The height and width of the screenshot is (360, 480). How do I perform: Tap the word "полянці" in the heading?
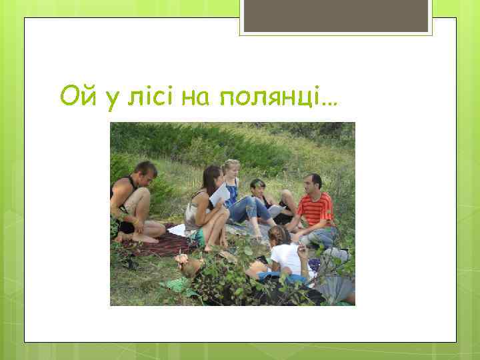tap(267, 98)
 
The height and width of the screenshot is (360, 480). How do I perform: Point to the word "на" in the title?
tap(195, 98)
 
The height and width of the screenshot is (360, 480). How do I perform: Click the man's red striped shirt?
tap(315, 208)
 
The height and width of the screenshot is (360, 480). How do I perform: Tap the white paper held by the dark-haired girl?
tap(219, 195)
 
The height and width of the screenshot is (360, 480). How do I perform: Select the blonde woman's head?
tap(231, 169)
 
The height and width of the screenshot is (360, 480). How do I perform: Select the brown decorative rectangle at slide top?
tap(336, 15)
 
